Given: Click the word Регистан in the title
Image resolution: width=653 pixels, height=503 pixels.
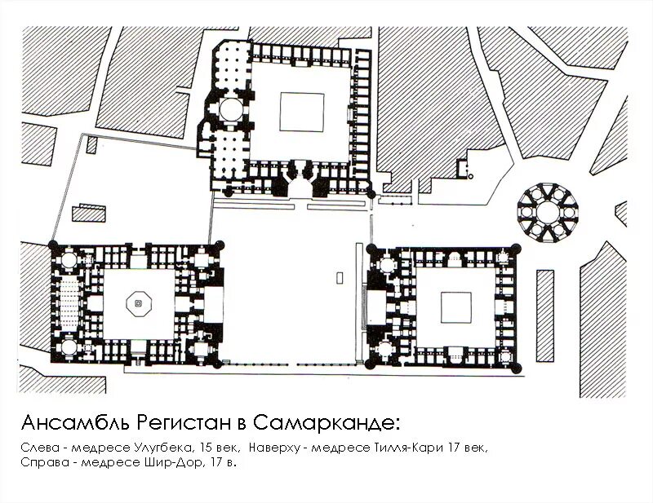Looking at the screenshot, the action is [x=183, y=423].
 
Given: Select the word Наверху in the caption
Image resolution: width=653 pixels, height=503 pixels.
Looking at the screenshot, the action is [x=275, y=448].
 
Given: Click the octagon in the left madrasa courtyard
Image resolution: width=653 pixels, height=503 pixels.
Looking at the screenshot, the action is [x=139, y=304].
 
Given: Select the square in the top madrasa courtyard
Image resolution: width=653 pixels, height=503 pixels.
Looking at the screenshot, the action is [x=302, y=112].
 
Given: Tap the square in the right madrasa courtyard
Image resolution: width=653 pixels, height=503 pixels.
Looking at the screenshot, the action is [x=456, y=307].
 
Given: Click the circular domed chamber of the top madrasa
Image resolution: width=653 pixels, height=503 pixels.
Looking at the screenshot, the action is [x=230, y=109].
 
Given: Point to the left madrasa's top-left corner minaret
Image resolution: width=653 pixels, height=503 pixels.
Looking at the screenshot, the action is [x=53, y=245].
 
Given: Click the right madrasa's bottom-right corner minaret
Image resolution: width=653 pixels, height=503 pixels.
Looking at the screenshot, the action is [x=516, y=368].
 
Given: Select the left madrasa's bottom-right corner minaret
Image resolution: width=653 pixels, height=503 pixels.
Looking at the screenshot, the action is [x=217, y=364].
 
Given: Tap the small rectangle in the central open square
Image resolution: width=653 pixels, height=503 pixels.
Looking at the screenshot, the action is [x=340, y=277].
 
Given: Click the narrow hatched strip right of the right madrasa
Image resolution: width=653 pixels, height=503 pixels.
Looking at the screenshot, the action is [x=545, y=315].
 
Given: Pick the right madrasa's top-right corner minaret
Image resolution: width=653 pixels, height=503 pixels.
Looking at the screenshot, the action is [x=516, y=249].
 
